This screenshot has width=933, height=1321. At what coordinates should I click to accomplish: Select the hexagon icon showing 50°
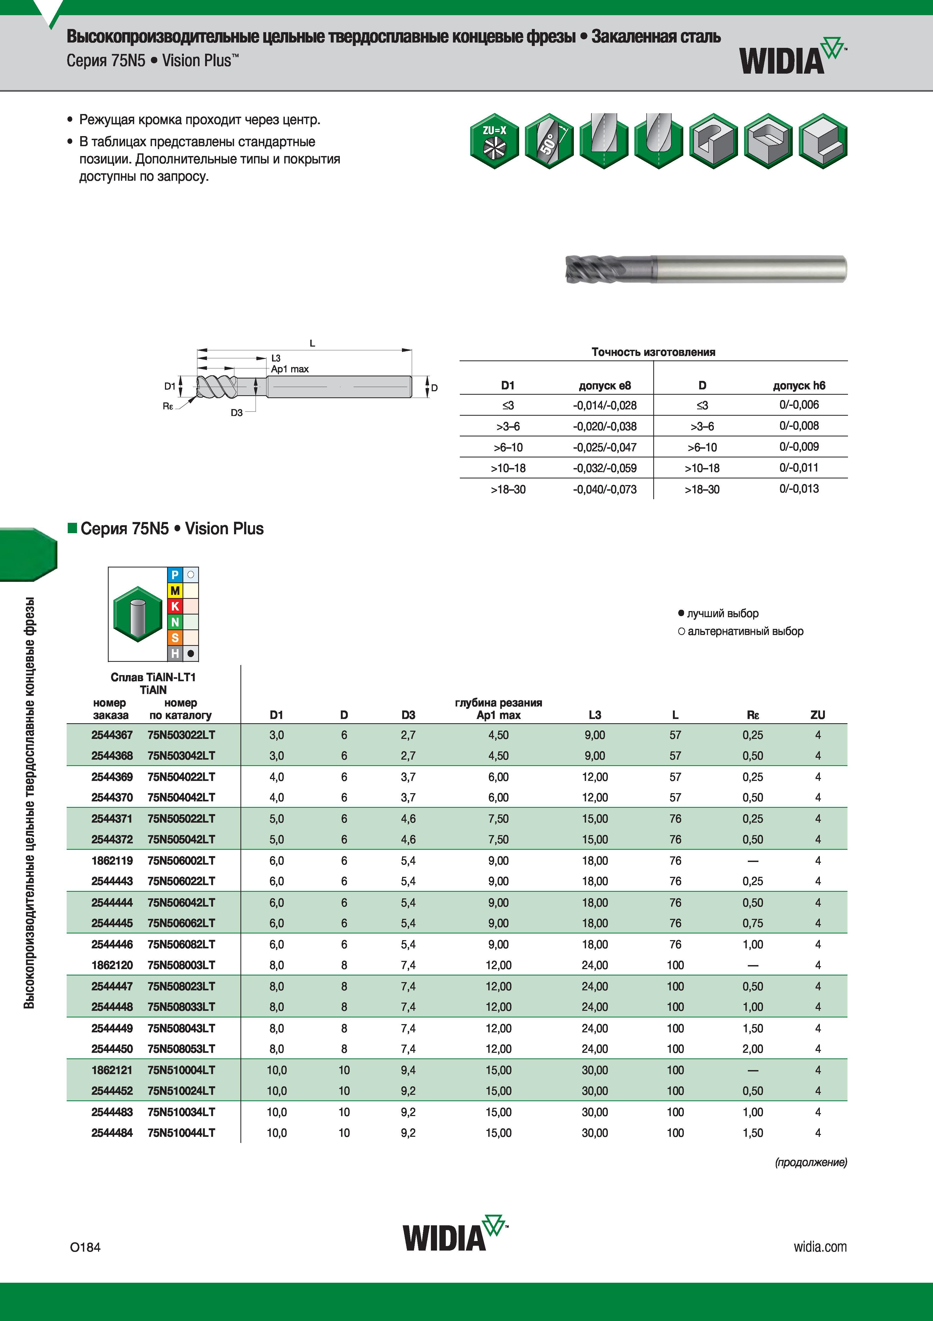pyautogui.click(x=549, y=141)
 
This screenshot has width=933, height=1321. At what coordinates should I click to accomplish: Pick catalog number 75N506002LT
pyautogui.click(x=181, y=861)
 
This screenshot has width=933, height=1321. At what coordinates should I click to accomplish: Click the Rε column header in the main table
pyautogui.click(x=753, y=715)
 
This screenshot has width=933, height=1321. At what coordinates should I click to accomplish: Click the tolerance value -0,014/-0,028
pyautogui.click(x=605, y=405)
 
